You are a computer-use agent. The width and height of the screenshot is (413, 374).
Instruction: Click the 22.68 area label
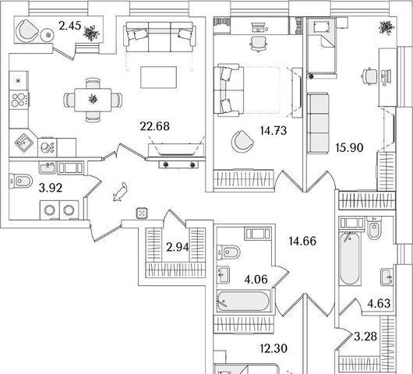point(154,126)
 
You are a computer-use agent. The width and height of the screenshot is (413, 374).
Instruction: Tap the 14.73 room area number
point(274,131)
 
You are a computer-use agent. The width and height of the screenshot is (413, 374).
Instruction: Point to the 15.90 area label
point(350,148)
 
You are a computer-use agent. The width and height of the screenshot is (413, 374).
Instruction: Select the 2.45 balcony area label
point(69,26)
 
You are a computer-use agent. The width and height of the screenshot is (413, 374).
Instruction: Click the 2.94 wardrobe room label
point(177,247)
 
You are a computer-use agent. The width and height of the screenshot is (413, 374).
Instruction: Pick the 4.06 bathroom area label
point(256,279)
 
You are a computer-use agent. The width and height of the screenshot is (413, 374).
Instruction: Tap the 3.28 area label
point(365,337)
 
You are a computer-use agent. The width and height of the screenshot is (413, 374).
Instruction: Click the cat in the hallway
point(120,192)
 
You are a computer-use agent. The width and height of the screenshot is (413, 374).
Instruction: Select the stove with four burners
point(19,100)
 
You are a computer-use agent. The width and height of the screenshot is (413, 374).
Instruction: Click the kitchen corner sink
point(23,143)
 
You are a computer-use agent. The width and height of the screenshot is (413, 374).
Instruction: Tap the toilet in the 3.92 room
point(20,182)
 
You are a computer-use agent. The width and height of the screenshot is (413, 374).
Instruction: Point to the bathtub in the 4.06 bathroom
point(244,302)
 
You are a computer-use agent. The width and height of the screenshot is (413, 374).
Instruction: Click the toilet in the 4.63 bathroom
point(374,228)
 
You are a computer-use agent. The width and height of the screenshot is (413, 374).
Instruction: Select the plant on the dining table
point(93,99)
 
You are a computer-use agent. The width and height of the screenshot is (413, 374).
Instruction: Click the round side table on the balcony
point(48,35)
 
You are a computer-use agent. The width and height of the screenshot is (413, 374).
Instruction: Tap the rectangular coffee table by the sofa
point(158,77)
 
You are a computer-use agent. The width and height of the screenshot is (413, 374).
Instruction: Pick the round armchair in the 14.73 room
point(242,142)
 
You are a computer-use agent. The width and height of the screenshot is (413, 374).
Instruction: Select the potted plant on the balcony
point(91,33)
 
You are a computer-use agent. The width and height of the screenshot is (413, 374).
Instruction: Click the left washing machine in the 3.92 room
point(50,210)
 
